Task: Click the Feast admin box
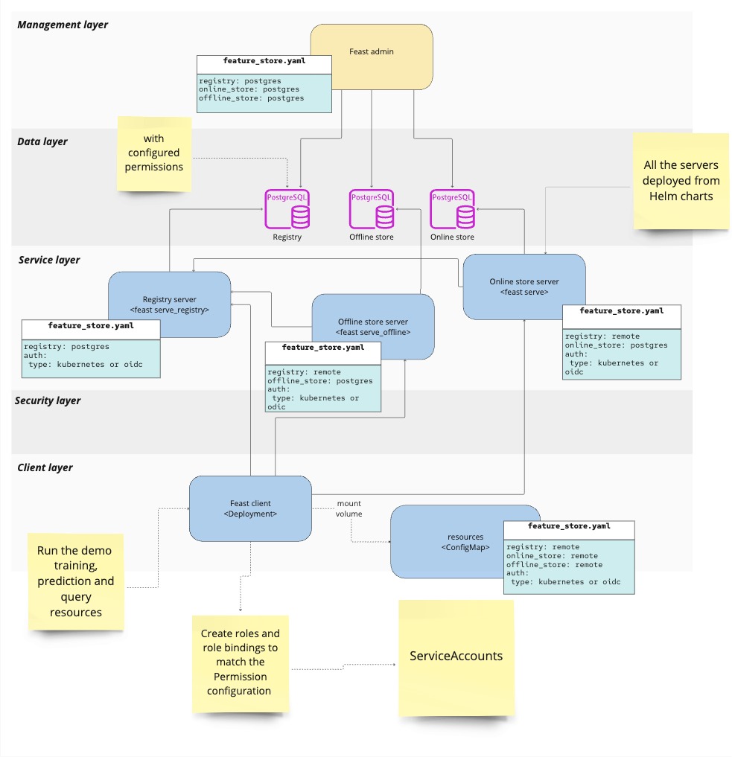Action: coord(372,53)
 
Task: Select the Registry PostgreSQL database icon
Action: coord(287,211)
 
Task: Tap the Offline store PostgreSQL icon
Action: coord(371,211)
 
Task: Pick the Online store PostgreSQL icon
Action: coord(452,211)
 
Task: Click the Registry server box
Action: coord(170,294)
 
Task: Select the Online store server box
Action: coord(523,287)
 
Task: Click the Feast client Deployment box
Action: coord(249,508)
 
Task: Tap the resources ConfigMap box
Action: coord(447,542)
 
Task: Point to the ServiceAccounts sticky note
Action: coord(456,657)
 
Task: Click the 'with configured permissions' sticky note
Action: coord(154,153)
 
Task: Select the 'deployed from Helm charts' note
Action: coord(681,181)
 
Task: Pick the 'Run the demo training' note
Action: coord(74,581)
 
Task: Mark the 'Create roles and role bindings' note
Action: coord(240,662)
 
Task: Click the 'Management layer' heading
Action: coord(63,25)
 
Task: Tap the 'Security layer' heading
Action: coord(48,400)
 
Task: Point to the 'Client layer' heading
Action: coord(45,467)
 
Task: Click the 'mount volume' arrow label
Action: coord(349,508)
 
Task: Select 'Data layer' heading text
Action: coord(42,141)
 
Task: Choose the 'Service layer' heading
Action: coord(49,260)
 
